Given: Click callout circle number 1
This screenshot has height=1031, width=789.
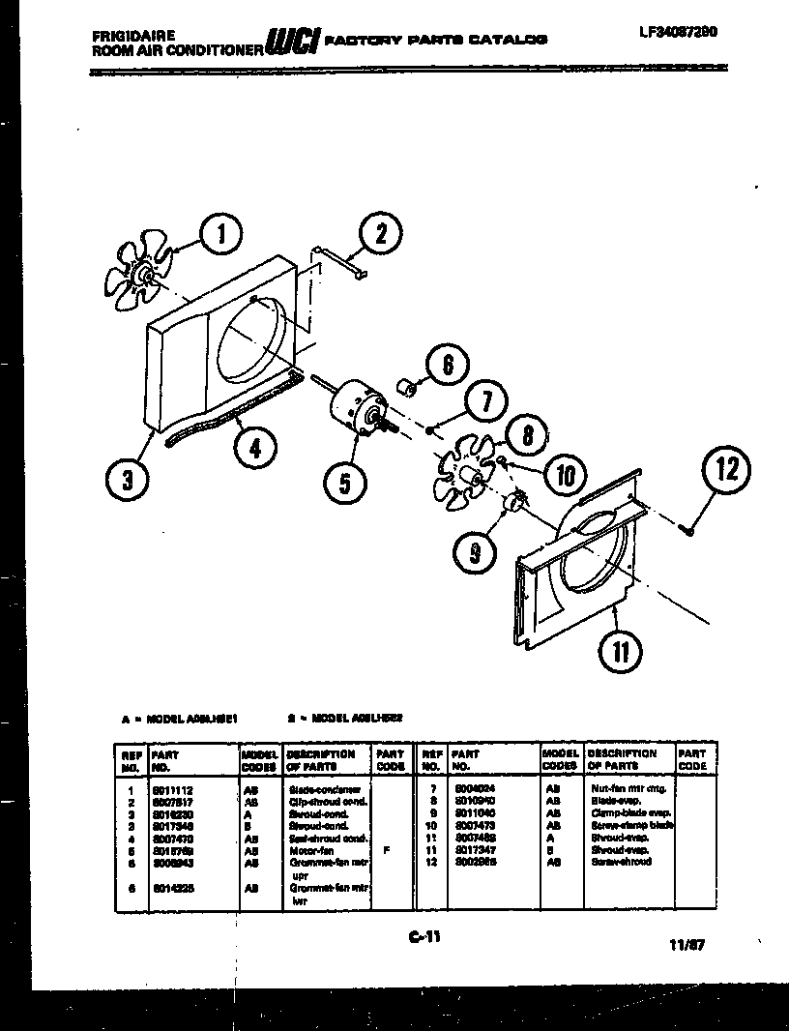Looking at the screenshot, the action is [x=221, y=233].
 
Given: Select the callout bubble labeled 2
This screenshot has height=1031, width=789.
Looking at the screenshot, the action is [x=380, y=233].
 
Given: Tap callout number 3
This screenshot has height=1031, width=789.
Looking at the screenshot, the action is [x=129, y=477].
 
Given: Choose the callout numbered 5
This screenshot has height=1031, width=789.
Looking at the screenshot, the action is [x=345, y=480].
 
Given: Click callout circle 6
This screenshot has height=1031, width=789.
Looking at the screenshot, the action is [x=447, y=366].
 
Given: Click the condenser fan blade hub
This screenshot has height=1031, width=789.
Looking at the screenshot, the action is [x=148, y=278].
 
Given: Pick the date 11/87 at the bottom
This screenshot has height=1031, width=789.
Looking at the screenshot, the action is [x=686, y=947].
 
